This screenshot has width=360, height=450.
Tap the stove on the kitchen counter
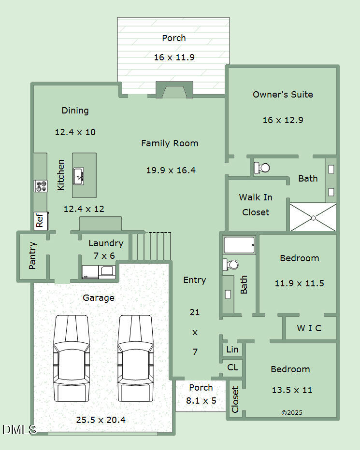point(41,186)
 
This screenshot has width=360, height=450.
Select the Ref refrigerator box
point(40,220)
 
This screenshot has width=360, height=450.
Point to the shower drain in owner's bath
point(313,217)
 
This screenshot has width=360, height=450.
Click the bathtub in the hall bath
point(239,244)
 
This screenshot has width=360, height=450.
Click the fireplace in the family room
point(174,91)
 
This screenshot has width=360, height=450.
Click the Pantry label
point(32,255)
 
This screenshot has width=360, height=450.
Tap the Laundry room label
point(106,243)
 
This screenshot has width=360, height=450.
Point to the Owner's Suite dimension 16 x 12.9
point(283,120)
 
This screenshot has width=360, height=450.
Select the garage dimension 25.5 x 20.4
point(101,420)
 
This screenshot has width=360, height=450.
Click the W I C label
point(309,328)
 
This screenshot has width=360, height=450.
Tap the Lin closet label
point(232,350)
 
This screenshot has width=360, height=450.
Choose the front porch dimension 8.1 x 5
point(201,400)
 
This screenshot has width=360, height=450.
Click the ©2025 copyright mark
point(291,413)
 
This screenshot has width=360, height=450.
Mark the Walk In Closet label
point(256,205)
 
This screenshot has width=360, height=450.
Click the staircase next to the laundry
point(152,246)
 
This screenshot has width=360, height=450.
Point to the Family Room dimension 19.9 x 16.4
point(171,170)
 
